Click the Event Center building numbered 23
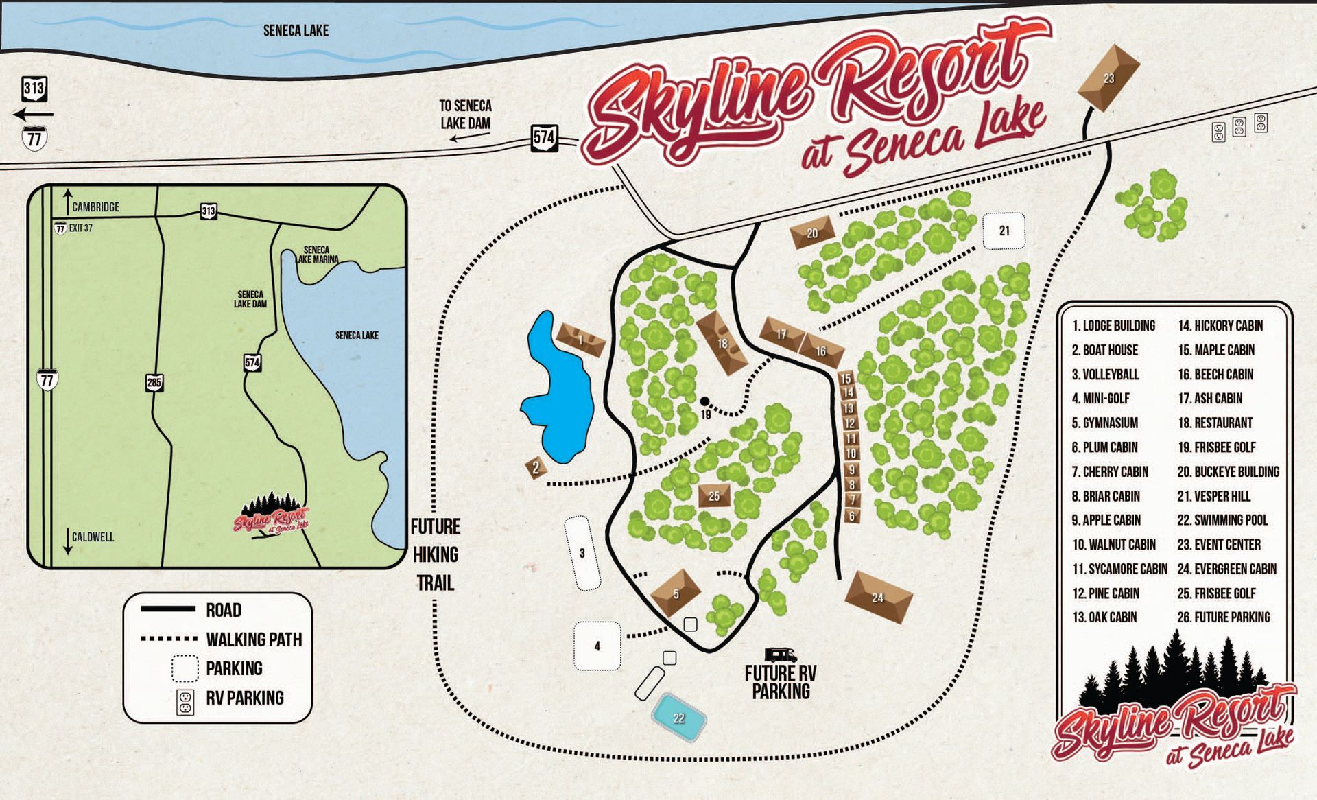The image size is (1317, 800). (1108, 78)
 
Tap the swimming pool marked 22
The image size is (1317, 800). (678, 718)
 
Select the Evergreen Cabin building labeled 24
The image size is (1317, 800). (878, 597)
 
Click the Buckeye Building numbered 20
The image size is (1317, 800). (813, 233)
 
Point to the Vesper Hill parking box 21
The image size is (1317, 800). (1004, 231)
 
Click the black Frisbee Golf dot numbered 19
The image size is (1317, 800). (704, 401)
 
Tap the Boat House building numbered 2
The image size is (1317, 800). (536, 468)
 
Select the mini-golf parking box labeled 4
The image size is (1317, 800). (597, 646)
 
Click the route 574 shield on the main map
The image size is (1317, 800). (545, 137)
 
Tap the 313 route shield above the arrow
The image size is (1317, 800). (34, 88)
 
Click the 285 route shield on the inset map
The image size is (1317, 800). (154, 382)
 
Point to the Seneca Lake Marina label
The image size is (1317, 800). (317, 255)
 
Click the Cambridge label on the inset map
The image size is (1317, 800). (95, 207)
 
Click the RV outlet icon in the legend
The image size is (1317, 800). (185, 701)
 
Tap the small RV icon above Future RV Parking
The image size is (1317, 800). (781, 655)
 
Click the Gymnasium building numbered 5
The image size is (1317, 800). (676, 593)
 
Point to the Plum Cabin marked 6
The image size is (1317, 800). (852, 516)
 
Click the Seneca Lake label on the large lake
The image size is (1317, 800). (296, 30)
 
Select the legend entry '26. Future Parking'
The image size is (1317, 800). (1223, 617)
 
